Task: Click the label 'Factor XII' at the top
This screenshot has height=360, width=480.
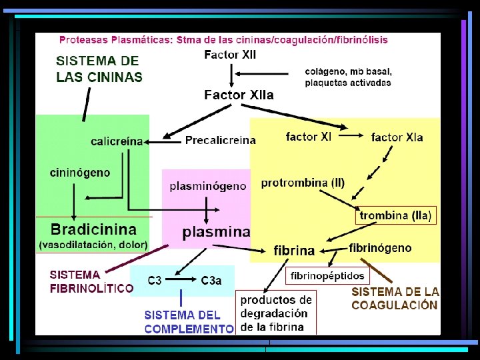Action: point(230,55)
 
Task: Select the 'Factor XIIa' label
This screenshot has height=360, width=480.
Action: point(239,95)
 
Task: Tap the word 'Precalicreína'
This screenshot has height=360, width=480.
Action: point(220,140)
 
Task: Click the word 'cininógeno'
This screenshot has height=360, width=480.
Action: point(80,173)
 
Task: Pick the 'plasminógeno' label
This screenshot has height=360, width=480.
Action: point(207,187)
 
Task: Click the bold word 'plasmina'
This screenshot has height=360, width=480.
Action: point(217,232)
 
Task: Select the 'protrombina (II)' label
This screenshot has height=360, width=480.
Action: point(303,183)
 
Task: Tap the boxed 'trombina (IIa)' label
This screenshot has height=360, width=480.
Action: point(395,215)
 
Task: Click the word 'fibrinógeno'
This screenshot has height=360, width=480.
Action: point(380,248)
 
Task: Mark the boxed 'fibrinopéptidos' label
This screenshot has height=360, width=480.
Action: point(328,275)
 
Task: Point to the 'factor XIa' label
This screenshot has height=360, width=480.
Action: point(397,137)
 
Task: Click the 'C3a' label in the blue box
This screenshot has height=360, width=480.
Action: point(211,281)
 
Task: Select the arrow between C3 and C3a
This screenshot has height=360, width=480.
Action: point(181,281)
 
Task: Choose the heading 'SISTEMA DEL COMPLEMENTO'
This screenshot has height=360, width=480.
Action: point(189,322)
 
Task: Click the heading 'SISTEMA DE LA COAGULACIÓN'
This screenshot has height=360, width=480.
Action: point(395,298)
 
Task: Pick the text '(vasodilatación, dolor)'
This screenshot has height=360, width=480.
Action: point(93,245)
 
